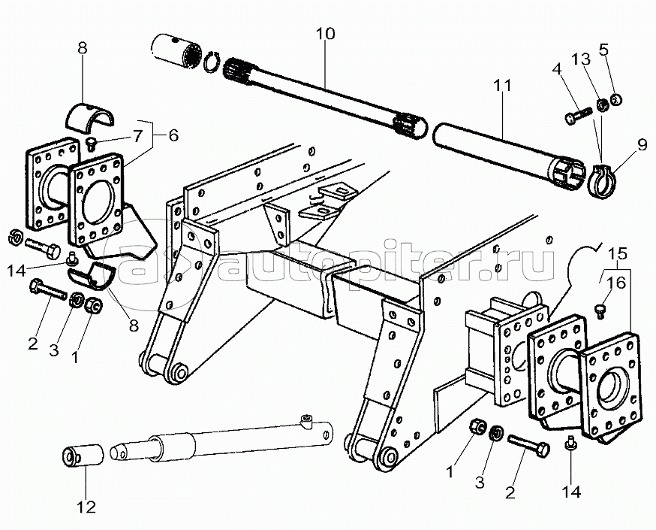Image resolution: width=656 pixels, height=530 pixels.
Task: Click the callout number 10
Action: click(x=326, y=35)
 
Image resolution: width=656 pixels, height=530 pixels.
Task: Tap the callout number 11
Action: click(x=503, y=86)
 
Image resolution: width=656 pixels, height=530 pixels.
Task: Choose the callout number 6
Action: click(x=173, y=136)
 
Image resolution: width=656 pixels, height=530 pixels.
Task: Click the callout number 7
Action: click(x=137, y=136)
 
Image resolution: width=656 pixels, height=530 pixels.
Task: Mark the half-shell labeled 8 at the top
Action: click(x=89, y=114)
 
